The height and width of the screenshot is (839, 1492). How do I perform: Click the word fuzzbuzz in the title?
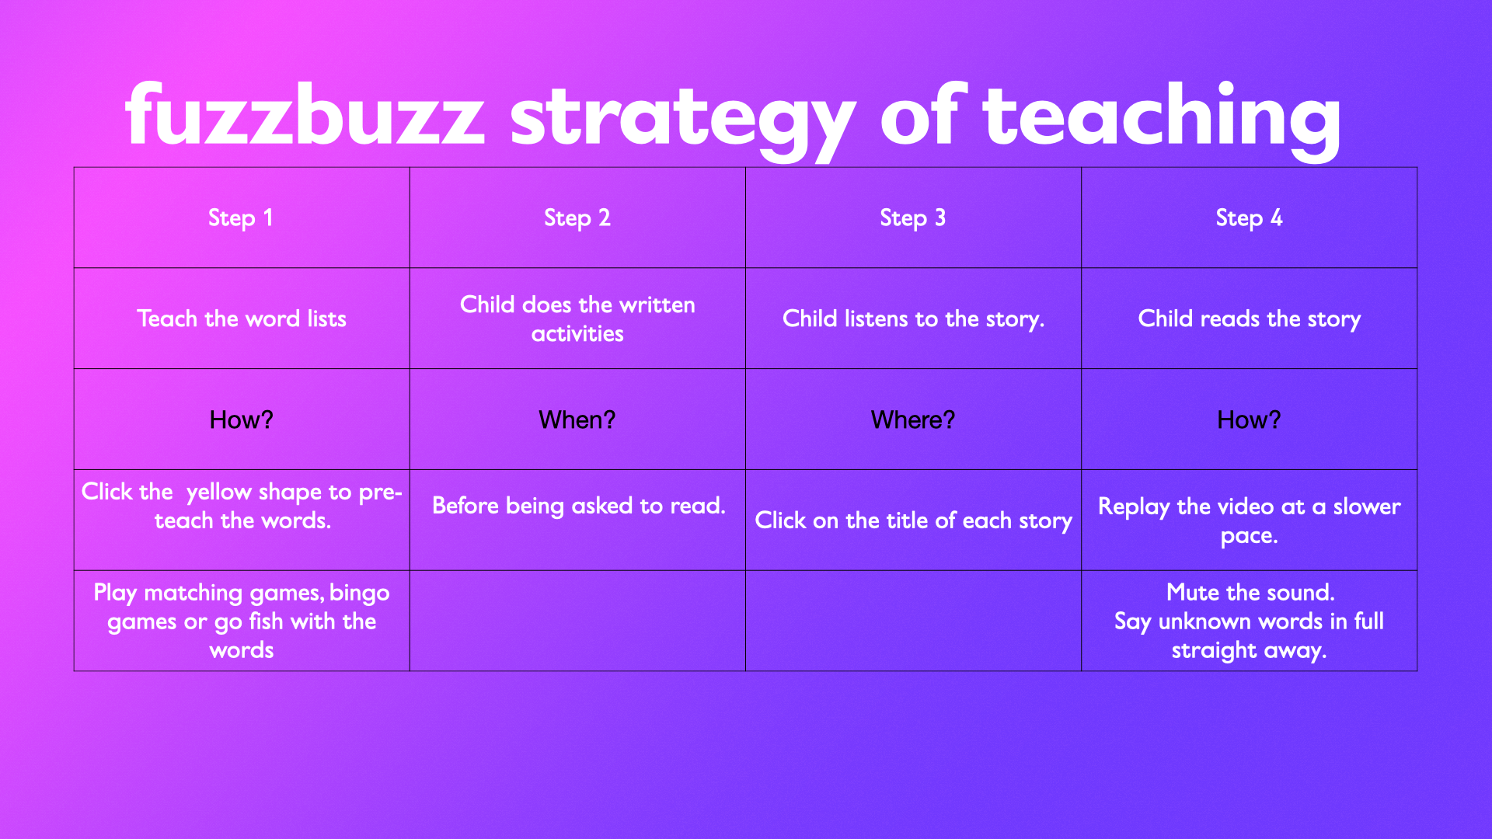tap(305, 114)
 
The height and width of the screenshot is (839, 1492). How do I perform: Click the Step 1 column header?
tap(241, 218)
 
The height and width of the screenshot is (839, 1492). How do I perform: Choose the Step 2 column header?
tap(577, 218)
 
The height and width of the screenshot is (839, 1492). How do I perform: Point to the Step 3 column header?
tap(912, 218)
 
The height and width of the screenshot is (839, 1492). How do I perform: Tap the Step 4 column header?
tap(1249, 218)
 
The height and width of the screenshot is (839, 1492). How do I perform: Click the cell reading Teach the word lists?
tap(241, 319)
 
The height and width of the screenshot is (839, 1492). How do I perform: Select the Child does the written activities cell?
tap(577, 319)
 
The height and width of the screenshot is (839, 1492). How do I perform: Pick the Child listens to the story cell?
tap(913, 319)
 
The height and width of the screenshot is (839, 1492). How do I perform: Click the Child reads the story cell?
tap(1249, 319)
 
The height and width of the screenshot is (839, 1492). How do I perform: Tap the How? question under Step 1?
tap(241, 419)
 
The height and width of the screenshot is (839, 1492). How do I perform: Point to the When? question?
tap(577, 419)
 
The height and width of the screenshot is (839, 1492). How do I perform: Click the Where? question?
tap(912, 419)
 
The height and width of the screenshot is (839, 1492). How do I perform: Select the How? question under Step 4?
tap(1249, 419)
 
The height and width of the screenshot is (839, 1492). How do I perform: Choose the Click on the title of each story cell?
tap(913, 520)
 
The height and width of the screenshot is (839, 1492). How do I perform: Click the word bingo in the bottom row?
tap(360, 594)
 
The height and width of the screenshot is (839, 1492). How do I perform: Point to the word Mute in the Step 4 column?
tap(1192, 593)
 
